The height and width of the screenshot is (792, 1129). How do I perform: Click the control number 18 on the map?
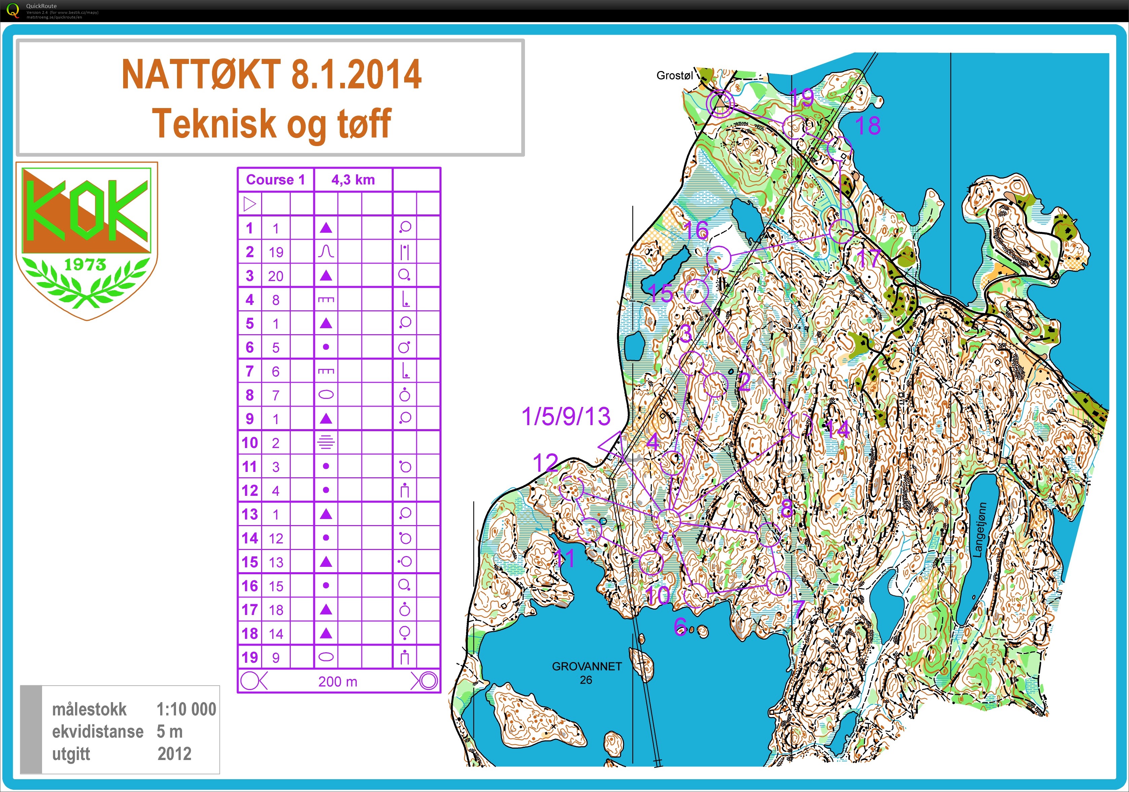pos(868,126)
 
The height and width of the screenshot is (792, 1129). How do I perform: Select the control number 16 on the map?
pos(695,230)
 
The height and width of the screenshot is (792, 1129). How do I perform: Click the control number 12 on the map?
pos(545,463)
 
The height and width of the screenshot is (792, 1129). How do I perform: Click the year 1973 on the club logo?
pos(85,265)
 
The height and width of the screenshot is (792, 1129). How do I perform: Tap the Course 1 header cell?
pos(275,179)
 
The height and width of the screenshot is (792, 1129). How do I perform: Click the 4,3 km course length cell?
pos(353,179)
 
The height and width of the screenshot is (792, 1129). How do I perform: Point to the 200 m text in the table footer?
pos(338,682)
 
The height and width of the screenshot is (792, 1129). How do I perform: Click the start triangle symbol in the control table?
pos(250,204)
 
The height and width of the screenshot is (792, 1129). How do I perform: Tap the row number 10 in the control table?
pos(250,443)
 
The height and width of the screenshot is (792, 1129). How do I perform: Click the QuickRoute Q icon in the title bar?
pos(13,10)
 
